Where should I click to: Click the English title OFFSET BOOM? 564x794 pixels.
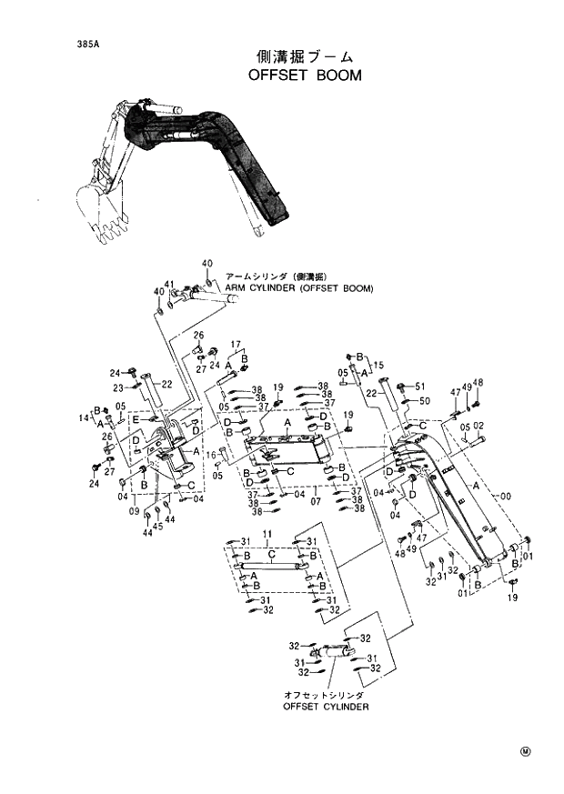tap(305, 75)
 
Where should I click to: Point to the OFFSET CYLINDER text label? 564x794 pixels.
tap(326, 706)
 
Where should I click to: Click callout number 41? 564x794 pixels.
tap(169, 284)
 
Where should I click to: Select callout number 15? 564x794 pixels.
tap(378, 363)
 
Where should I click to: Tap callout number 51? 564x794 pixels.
tap(420, 387)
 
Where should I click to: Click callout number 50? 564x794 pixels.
tap(424, 401)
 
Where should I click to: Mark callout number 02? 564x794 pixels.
tap(478, 426)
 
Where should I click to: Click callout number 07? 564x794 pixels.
tap(316, 501)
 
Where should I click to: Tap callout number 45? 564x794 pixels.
tap(157, 526)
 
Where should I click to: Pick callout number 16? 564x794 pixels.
tap(210, 454)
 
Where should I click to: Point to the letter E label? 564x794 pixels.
tap(135, 419)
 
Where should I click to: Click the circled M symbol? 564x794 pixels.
tap(525, 751)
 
